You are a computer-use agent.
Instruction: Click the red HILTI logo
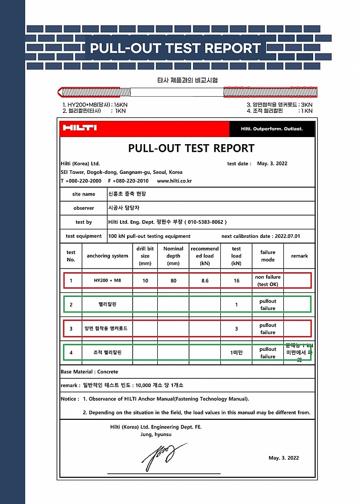point(79,128)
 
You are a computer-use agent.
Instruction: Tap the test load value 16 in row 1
point(236,281)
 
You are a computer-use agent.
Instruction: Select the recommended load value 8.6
point(205,281)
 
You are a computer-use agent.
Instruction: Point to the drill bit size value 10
point(145,281)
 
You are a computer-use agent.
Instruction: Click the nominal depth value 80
point(173,281)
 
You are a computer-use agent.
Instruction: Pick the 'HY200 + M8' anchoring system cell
point(107,281)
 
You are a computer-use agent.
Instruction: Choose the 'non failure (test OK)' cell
point(268,281)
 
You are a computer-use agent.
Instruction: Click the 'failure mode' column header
point(268,256)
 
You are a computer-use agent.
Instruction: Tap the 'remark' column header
point(299,256)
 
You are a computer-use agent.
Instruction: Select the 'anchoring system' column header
point(107,256)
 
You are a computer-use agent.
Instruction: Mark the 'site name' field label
point(84,194)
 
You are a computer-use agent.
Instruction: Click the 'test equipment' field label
point(84,236)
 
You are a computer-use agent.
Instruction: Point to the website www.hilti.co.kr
point(174,181)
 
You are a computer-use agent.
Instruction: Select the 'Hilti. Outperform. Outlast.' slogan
point(272,129)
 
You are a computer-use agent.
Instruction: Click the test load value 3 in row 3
point(236,329)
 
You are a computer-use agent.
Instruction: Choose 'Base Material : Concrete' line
point(89,372)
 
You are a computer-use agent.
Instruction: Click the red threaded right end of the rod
point(270,92)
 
